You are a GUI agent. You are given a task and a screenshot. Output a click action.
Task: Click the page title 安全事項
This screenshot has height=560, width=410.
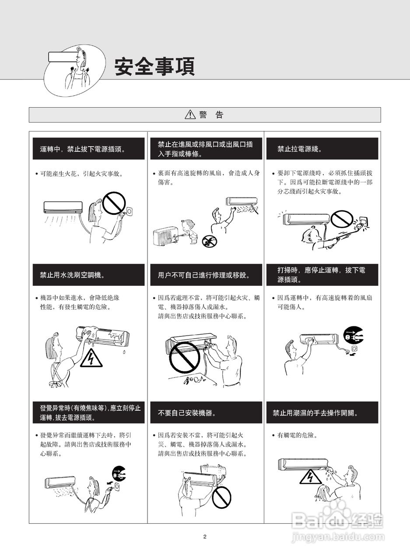[154, 66]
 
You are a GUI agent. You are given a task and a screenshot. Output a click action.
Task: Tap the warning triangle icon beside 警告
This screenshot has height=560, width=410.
[190, 115]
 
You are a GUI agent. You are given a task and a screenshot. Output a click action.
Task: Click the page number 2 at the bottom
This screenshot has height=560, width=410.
[205, 536]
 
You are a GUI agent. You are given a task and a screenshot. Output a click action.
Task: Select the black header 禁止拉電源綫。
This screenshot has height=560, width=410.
[322, 148]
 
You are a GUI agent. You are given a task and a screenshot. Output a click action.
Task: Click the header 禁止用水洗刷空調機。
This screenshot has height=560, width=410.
[88, 275]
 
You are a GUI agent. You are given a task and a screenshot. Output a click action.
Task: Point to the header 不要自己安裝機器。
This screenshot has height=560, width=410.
[206, 413]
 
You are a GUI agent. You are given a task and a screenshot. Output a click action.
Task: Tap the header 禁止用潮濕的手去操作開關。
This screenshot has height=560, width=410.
[322, 413]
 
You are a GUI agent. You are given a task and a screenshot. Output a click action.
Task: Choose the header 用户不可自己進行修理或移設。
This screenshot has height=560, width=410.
[206, 275]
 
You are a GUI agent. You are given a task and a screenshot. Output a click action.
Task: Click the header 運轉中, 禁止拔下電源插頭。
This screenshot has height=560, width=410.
[88, 148]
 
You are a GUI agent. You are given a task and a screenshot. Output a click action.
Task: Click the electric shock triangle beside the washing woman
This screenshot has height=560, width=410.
[91, 359]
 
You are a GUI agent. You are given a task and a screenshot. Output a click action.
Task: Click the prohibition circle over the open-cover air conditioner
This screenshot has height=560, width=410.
[185, 357]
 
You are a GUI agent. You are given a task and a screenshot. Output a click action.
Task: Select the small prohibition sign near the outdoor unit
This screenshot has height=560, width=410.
[210, 241]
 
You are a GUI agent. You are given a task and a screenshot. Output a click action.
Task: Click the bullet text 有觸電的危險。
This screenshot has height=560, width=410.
[298, 435]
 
